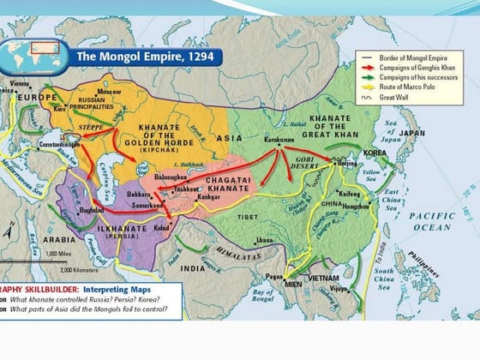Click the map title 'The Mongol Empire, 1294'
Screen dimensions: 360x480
(147, 57)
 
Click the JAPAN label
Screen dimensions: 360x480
(411, 134)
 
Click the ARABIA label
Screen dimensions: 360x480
(60, 241)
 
